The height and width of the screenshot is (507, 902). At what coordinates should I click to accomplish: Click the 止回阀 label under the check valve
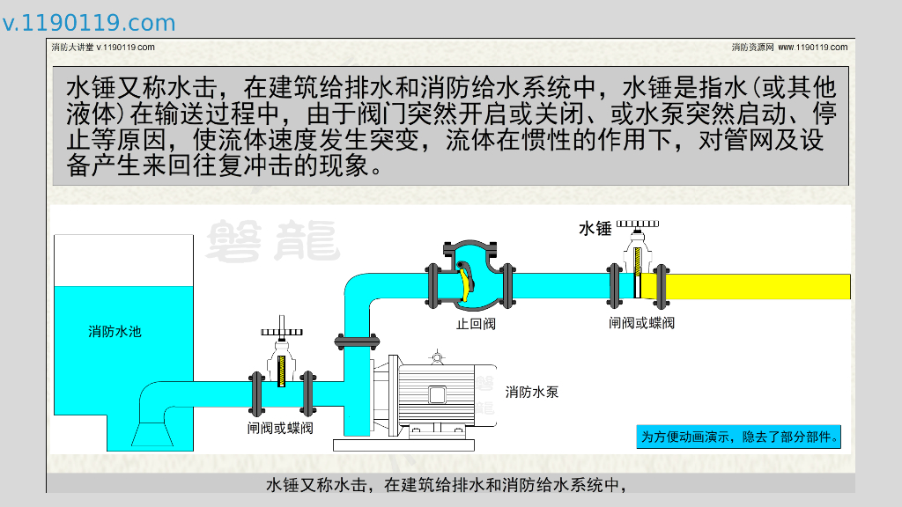click(476, 324)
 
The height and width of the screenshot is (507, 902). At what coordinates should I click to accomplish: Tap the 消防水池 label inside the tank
click(115, 332)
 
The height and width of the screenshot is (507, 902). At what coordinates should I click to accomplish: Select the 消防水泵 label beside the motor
click(532, 392)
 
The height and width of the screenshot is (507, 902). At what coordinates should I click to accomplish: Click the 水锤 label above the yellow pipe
click(595, 229)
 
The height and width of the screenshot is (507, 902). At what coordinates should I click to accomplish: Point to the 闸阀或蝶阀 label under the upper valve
click(641, 323)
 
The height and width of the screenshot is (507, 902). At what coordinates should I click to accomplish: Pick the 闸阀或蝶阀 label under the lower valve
click(280, 429)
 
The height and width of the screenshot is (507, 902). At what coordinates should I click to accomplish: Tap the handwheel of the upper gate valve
click(636, 226)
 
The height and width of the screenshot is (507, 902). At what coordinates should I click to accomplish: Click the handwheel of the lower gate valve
click(281, 332)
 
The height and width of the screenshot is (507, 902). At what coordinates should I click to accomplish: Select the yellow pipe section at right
click(758, 286)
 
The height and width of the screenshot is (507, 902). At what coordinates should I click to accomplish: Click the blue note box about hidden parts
click(738, 437)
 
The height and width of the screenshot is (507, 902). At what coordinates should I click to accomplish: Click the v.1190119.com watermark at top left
click(89, 23)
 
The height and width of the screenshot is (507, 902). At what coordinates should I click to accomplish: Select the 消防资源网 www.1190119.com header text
click(789, 47)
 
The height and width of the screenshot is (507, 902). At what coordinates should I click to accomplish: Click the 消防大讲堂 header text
click(103, 47)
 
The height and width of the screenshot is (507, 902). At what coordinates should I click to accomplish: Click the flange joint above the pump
click(356, 342)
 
